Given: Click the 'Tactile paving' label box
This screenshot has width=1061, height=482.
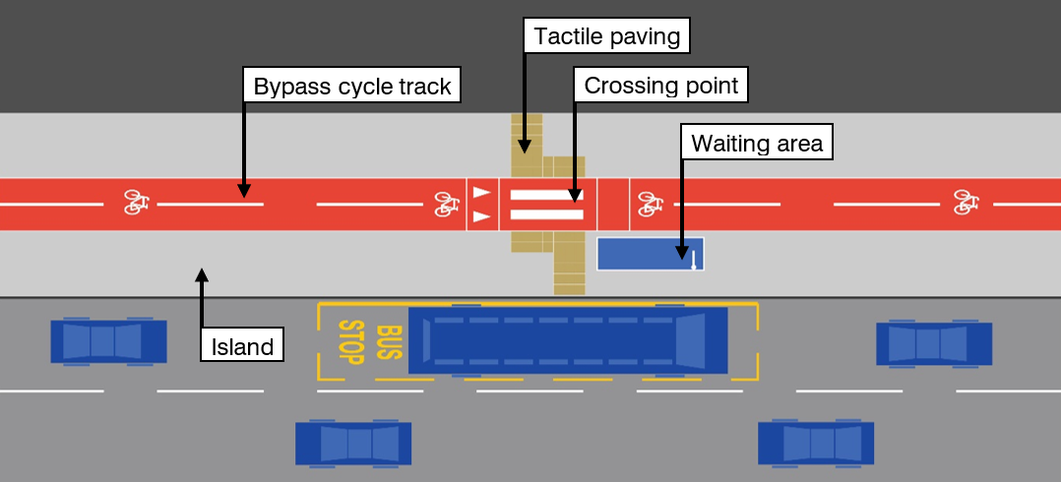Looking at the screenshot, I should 606,37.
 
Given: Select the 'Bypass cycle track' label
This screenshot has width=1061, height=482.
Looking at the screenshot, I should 352,87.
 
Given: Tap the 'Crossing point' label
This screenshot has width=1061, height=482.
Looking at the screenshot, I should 661,86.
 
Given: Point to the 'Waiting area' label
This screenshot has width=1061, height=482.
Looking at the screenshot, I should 756,144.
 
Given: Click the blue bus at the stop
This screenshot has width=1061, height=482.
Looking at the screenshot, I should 568,340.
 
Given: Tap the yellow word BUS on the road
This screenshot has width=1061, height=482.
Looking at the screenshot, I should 390,341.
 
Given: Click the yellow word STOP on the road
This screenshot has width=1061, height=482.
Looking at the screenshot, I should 351,341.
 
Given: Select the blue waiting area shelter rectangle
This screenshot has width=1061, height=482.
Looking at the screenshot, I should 650,254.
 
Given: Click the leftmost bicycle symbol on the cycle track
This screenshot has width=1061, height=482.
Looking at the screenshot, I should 137,203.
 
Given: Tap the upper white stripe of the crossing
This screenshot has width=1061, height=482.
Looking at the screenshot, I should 546,195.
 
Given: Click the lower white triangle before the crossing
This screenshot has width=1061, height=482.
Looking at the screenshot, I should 481,215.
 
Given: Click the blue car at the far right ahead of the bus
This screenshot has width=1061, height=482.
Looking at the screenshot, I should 934,343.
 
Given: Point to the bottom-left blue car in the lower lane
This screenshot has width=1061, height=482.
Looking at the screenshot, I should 353,444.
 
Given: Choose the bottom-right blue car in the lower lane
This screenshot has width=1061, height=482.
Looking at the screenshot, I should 815,443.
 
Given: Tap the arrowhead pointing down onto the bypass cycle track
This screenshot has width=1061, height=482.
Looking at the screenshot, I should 243,189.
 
